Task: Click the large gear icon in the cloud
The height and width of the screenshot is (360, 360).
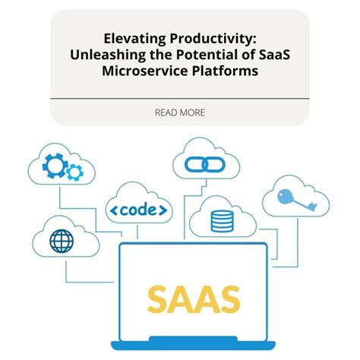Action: (x=56, y=165)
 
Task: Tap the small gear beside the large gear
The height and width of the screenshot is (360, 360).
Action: (x=74, y=173)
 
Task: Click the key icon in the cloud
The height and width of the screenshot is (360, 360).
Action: (x=296, y=200)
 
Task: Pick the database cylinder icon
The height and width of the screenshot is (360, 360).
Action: (x=220, y=221)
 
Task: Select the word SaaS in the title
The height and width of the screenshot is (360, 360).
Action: (x=275, y=55)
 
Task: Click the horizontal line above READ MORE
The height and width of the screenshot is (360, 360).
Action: (x=180, y=99)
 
